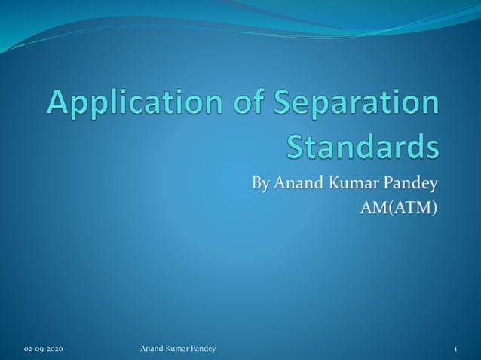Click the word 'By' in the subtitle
[x=260, y=183]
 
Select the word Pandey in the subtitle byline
[x=412, y=183]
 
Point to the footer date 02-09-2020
[x=44, y=349]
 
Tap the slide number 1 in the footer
[x=456, y=349]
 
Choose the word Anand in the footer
[x=153, y=349]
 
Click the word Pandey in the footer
[x=206, y=349]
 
